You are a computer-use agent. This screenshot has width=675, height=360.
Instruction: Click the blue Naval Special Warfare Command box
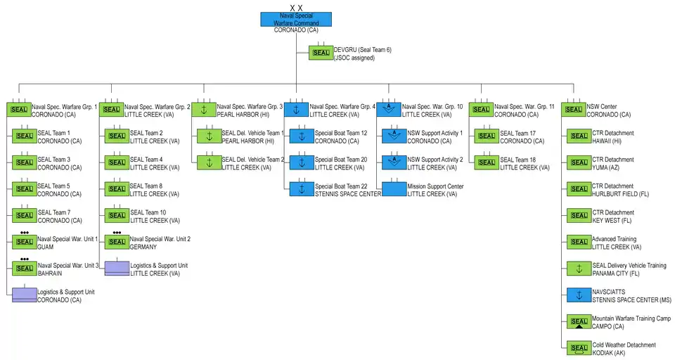coord(295,20)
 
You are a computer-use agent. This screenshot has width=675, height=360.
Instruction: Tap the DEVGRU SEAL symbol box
coord(321,53)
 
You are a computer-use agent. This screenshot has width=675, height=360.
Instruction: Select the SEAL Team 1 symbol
coord(24,136)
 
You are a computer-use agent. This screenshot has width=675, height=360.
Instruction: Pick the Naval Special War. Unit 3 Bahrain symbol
coord(24,268)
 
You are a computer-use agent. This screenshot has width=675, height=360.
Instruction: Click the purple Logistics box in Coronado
coord(24,295)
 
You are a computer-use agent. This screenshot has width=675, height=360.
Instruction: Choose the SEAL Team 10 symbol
coord(117,216)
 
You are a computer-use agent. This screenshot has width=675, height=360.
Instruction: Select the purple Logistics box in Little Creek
coord(117,268)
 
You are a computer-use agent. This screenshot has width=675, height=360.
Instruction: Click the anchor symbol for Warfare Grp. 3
coord(203,110)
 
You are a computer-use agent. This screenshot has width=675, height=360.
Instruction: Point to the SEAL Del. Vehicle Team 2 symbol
coord(209,163)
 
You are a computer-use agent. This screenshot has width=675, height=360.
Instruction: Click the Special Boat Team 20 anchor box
coord(302,163)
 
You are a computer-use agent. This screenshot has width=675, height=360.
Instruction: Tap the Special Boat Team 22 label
coord(349,190)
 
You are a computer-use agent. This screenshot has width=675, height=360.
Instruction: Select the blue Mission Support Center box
coord(394,190)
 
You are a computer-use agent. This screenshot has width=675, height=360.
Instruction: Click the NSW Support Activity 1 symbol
coord(394,136)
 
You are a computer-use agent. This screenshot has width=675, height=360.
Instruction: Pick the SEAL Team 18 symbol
coord(487,163)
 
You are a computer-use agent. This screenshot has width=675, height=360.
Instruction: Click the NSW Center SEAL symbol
coord(574,110)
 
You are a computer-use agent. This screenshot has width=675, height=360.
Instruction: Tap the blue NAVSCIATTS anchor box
coord(579,295)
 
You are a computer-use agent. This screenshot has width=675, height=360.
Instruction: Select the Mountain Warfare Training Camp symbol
coord(579,322)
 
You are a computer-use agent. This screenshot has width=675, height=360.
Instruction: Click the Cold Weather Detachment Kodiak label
coord(624,349)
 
